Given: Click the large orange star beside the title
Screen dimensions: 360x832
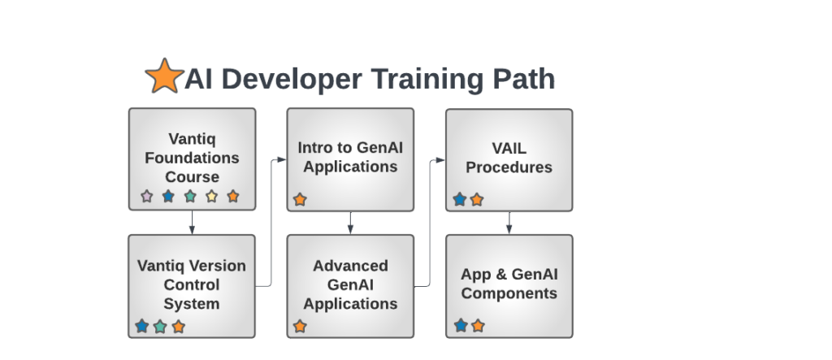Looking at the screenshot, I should point(163,76).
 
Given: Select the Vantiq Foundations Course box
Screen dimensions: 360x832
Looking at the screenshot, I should point(192,158).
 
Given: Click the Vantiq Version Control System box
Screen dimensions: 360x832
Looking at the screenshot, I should point(192,285).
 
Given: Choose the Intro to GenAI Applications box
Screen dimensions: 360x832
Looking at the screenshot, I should point(350,158).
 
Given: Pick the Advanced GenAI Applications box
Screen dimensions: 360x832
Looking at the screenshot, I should point(350,285).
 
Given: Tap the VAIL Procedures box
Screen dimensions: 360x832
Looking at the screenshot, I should point(509,158).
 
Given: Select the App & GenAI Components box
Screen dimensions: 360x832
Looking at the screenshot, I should point(509,285).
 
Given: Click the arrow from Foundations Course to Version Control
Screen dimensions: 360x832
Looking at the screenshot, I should point(192,222).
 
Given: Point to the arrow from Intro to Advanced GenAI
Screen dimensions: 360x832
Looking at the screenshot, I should point(350,222).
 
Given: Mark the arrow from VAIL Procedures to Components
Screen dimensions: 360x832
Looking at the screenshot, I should point(509,222).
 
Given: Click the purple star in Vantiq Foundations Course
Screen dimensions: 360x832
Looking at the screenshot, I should point(146,196).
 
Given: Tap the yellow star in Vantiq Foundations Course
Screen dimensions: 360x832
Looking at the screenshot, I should point(211,196).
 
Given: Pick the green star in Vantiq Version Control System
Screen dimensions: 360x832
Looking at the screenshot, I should point(160,327).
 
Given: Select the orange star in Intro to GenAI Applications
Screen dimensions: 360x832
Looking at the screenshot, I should point(300,199).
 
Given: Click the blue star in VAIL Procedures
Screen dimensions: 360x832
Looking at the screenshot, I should point(460,199).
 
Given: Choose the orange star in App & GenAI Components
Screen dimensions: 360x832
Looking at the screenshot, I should point(478,326).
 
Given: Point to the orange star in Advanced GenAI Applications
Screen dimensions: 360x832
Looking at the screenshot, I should point(300,327).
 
